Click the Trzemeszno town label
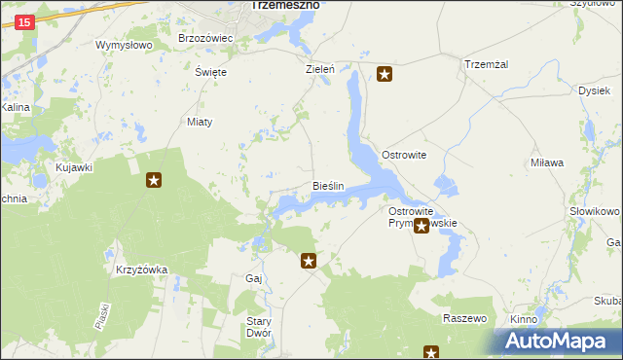285,5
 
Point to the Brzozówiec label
205,38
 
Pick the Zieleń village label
320,70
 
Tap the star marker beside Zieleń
385,74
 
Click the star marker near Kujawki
154,180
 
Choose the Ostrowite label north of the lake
404,156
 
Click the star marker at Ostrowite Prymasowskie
421,227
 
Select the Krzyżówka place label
142,270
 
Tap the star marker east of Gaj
309,261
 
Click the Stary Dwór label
258,326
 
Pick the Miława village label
547,163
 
